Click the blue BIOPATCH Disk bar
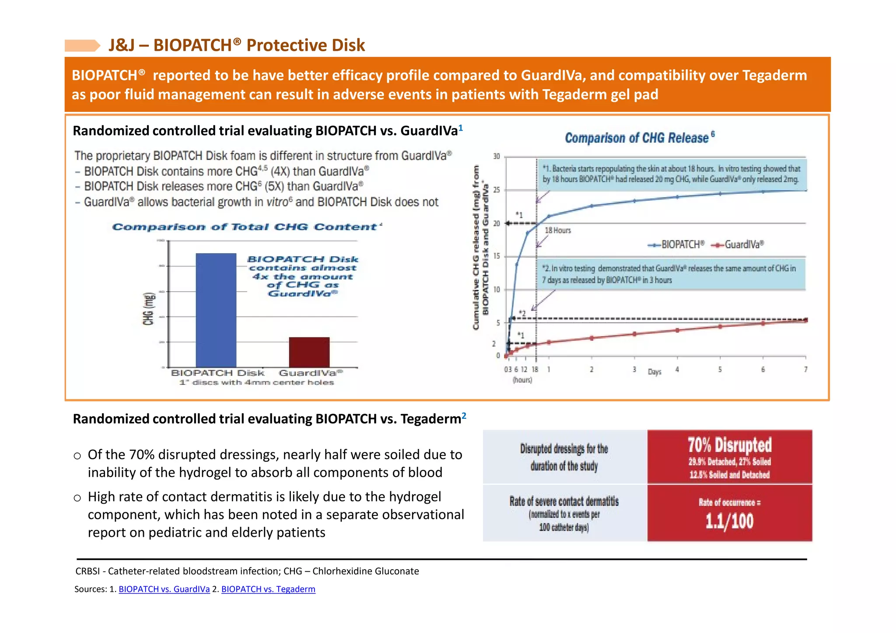tap(216, 310)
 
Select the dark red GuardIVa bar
tap(309, 352)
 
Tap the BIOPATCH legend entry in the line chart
tap(676, 245)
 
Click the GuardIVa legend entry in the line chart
tap(738, 245)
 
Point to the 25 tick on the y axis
tap(497, 190)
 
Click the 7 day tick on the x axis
tap(805, 370)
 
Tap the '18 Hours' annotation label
tap(558, 230)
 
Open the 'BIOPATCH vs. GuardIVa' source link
tap(164, 589)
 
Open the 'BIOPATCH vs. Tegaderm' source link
tap(268, 589)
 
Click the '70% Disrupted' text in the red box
tap(729, 445)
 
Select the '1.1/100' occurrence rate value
tap(729, 521)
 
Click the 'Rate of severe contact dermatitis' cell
tap(564, 501)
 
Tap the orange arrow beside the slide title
tap(82, 45)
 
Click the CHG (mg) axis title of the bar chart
tap(149, 309)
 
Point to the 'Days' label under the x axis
tap(654, 372)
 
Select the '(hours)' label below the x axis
tap(522, 380)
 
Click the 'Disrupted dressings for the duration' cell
tap(564, 457)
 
